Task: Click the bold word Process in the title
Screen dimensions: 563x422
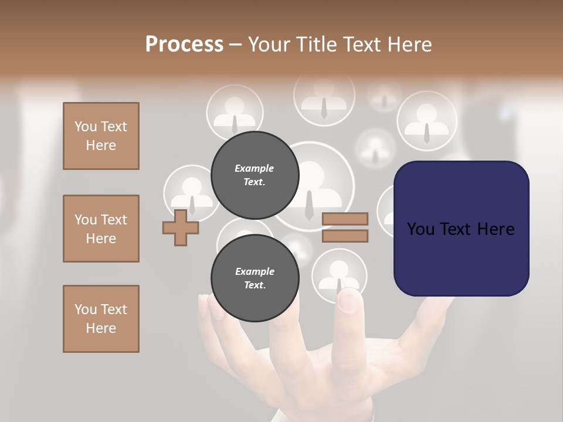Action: click(x=184, y=44)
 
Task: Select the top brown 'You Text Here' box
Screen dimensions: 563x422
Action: click(x=101, y=136)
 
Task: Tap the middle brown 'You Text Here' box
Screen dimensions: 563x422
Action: click(x=101, y=229)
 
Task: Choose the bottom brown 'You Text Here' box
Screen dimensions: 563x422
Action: click(x=101, y=319)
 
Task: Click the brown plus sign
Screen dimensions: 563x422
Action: click(x=181, y=227)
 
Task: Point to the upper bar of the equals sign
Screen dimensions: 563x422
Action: click(x=345, y=219)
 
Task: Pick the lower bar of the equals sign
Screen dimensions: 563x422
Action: click(x=345, y=236)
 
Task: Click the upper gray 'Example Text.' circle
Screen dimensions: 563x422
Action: click(x=255, y=175)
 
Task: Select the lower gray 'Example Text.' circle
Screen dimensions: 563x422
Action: click(x=255, y=278)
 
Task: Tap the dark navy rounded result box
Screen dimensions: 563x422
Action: click(x=461, y=229)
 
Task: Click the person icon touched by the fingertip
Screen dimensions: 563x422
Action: click(x=339, y=273)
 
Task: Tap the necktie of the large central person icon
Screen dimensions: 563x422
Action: click(x=309, y=205)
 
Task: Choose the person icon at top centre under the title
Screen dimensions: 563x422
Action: click(x=324, y=97)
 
